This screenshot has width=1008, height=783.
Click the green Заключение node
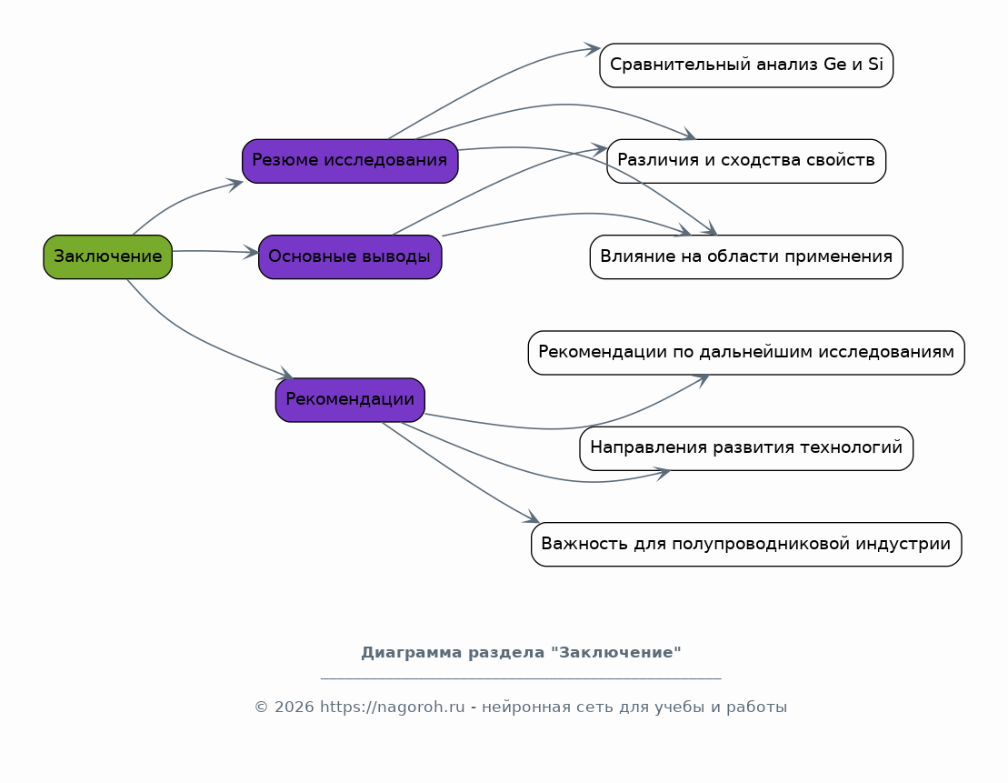(108, 256)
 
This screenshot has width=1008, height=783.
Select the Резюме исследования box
(350, 161)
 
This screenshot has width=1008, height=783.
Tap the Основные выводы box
(350, 256)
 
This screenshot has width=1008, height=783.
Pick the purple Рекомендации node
(350, 400)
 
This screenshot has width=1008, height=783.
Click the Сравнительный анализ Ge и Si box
(746, 65)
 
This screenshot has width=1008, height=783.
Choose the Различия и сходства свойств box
(746, 161)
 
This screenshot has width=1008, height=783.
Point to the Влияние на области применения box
(746, 256)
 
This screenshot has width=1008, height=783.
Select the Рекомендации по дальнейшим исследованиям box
(746, 353)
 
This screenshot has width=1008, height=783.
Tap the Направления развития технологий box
(746, 448)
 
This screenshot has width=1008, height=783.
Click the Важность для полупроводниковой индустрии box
(746, 545)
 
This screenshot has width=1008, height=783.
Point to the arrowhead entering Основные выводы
(251, 252)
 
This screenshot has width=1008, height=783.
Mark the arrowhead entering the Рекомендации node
(285, 374)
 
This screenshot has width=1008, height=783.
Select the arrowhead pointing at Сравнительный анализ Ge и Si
(592, 49)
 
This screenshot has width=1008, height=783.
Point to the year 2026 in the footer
(294, 708)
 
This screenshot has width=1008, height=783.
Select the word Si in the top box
(875, 65)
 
